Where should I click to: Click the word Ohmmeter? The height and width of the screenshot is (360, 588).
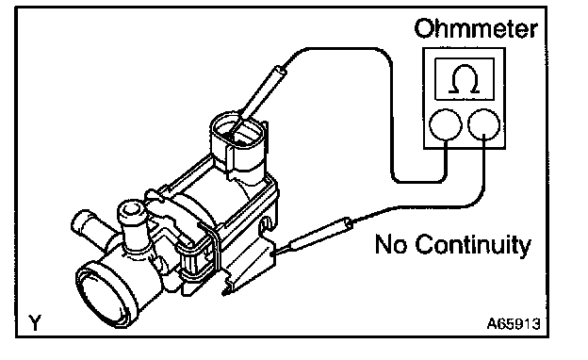[476, 28]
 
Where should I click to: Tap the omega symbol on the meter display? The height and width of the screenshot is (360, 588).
[465, 79]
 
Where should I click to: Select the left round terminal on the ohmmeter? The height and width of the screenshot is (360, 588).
[445, 124]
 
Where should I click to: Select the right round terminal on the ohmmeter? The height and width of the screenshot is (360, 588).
[484, 124]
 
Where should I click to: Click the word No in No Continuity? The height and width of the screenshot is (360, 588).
[391, 244]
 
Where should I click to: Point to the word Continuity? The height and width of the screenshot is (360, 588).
[473, 245]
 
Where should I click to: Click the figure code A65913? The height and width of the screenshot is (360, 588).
[514, 323]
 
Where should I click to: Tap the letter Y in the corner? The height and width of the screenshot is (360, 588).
[35, 322]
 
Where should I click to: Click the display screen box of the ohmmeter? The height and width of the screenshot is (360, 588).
[465, 79]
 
